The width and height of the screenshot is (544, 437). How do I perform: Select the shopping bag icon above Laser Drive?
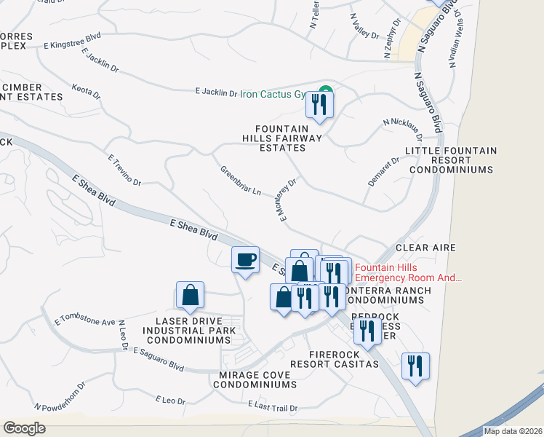(190, 295)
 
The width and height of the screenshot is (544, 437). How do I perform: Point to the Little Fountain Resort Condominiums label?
(451, 160)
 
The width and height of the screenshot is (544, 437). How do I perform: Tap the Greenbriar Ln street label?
(241, 181)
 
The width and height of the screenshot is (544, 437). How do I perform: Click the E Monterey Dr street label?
(286, 201)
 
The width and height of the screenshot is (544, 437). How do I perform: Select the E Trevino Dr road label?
(123, 169)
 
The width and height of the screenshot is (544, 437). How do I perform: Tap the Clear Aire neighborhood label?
(425, 248)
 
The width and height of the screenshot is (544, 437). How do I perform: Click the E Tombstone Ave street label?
(85, 321)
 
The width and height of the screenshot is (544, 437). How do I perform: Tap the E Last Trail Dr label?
(274, 404)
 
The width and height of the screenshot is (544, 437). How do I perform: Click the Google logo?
(24, 428)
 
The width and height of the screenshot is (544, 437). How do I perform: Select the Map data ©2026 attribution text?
(513, 431)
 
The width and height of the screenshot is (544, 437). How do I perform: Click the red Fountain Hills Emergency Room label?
(408, 272)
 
